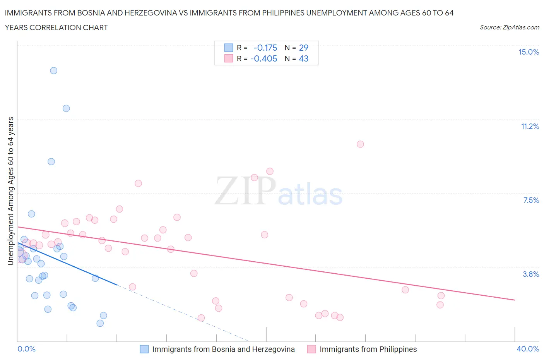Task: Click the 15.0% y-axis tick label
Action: point(529,52)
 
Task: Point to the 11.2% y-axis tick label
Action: point(530,127)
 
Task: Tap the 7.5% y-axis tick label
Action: point(531,201)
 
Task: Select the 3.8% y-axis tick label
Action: point(531,274)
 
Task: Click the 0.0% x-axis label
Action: point(26,349)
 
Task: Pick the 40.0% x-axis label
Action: point(528,349)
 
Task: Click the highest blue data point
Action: point(54,71)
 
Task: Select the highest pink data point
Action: point(360,144)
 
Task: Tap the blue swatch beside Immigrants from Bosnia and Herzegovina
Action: point(144,349)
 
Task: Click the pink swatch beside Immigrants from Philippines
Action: point(311,349)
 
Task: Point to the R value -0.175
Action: point(265,48)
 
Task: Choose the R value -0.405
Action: point(264,59)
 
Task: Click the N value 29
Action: point(304,48)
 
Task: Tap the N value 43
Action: point(304,59)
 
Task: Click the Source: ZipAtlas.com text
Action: point(509,27)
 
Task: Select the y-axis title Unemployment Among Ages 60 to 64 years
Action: point(11,191)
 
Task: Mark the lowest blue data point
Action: point(100,323)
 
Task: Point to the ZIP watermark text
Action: point(245,191)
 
